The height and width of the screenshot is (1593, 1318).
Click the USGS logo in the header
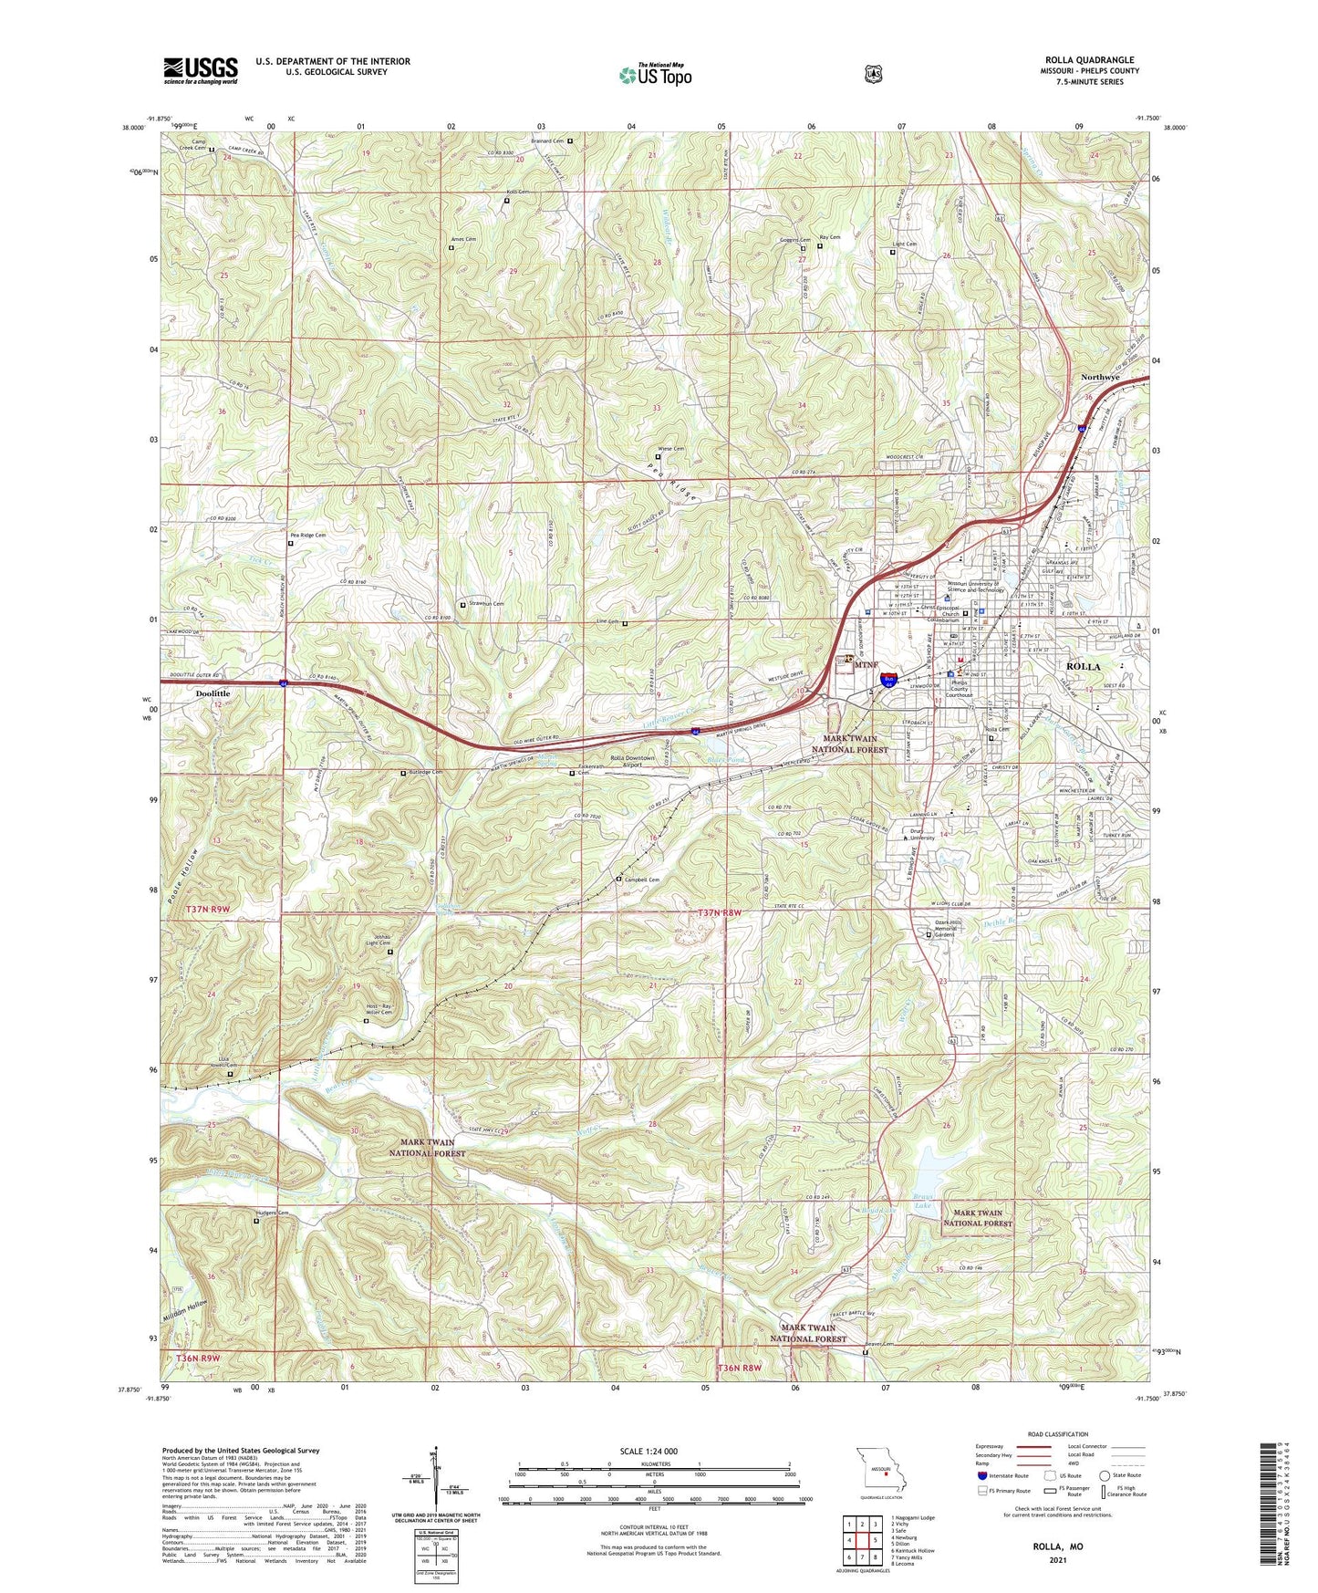[201, 70]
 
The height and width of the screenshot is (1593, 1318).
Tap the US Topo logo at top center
[655, 76]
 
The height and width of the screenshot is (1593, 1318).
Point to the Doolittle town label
[213, 693]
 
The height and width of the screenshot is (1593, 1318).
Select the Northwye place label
[1100, 377]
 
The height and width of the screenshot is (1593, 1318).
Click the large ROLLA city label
[1083, 667]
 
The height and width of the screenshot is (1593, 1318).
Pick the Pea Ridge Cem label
[307, 536]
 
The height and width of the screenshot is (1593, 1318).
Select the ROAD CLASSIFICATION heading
[1057, 1435]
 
